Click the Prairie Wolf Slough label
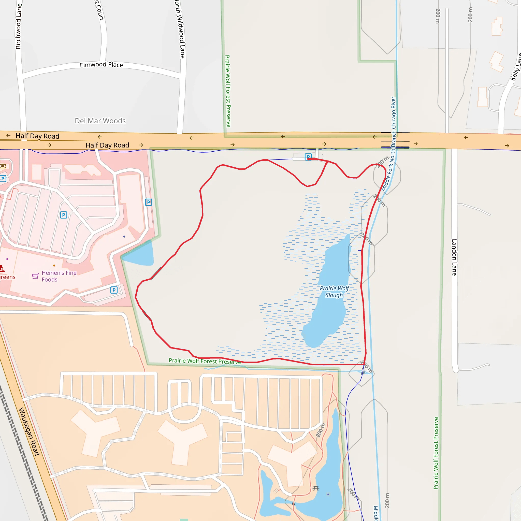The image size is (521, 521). point(334,292)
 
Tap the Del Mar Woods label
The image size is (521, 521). point(100,121)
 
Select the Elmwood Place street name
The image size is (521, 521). point(102,65)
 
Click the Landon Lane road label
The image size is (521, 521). point(454,257)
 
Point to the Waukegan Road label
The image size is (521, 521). point(29,431)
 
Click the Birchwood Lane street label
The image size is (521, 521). point(18,26)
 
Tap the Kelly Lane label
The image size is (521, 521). point(516,67)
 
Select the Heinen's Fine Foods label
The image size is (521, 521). point(59,276)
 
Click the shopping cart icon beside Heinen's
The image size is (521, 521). point(35,276)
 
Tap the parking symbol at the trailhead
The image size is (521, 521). point(308,157)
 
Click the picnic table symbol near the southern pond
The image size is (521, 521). point(316,488)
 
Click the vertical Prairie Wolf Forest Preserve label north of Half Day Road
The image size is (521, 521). point(228,91)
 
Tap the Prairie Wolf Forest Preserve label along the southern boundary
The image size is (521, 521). point(205,361)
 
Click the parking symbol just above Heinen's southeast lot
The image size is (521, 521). point(114,290)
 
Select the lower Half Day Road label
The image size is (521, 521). point(107,145)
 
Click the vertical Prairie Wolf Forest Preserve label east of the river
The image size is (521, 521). point(436,453)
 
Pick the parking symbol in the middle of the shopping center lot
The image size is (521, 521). point(64,215)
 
